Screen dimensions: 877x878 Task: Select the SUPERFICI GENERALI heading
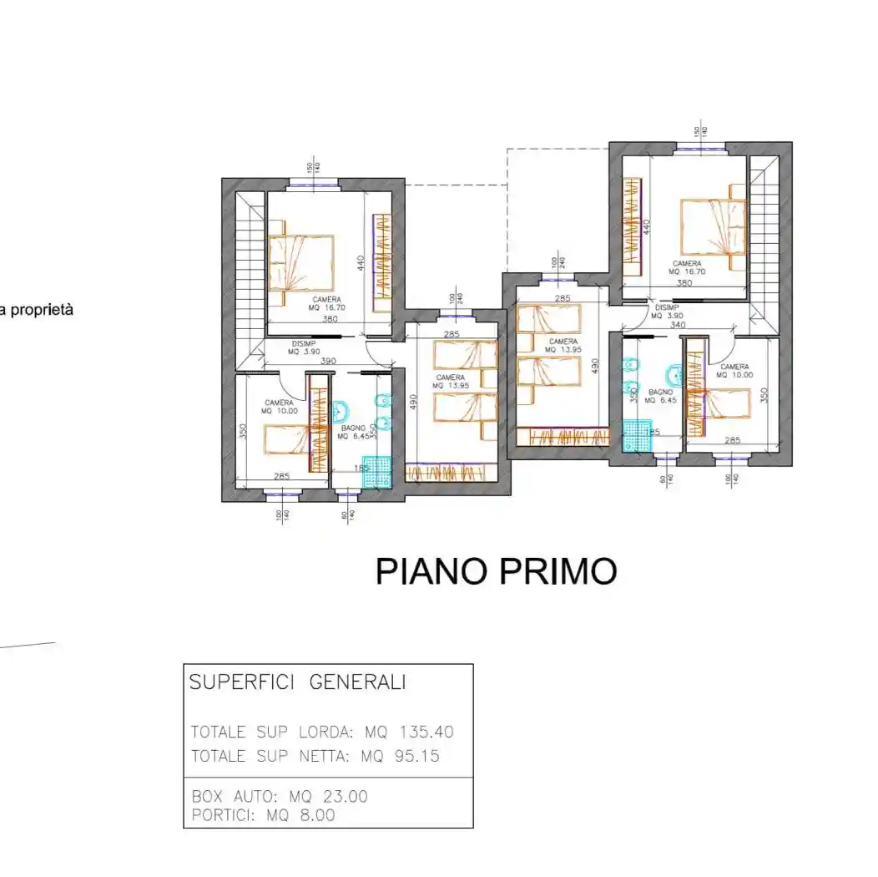[x=298, y=682]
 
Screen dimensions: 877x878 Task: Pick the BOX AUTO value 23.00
[x=341, y=797]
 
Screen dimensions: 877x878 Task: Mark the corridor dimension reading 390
[x=329, y=361]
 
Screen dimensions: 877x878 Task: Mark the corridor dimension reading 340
[x=678, y=325]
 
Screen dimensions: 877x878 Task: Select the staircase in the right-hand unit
[x=762, y=242]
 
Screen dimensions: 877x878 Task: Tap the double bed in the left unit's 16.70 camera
[x=300, y=262]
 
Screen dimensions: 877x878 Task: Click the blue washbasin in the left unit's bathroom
[x=340, y=412]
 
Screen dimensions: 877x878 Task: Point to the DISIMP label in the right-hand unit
[x=668, y=307]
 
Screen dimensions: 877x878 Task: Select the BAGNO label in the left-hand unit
[x=351, y=428]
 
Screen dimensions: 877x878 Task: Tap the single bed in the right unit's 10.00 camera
[x=719, y=403]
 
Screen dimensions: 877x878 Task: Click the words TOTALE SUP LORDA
[x=273, y=732]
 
